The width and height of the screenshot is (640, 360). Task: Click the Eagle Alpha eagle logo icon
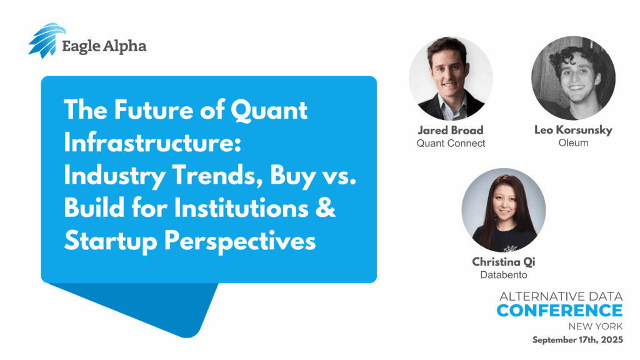46,41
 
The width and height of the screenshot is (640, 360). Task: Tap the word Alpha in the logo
124,46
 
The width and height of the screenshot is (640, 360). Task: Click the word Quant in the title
269,111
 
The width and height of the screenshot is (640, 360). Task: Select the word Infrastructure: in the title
152,143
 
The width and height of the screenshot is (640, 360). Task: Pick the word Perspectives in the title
239,242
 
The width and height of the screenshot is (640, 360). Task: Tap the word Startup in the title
111,242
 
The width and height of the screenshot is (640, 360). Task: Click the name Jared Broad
451,130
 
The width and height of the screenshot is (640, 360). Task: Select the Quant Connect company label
451,143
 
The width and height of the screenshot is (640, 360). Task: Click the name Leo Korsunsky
573,130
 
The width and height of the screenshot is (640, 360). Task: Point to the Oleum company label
573,143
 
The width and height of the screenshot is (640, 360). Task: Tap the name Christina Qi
503,262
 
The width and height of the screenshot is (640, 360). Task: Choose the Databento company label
503,275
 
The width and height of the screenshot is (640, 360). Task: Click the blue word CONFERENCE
559,311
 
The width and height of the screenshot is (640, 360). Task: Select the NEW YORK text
596,326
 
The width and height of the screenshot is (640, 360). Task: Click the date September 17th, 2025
577,339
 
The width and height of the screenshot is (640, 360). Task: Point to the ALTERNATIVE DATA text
561,296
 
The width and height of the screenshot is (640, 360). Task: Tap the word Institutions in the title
241,208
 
